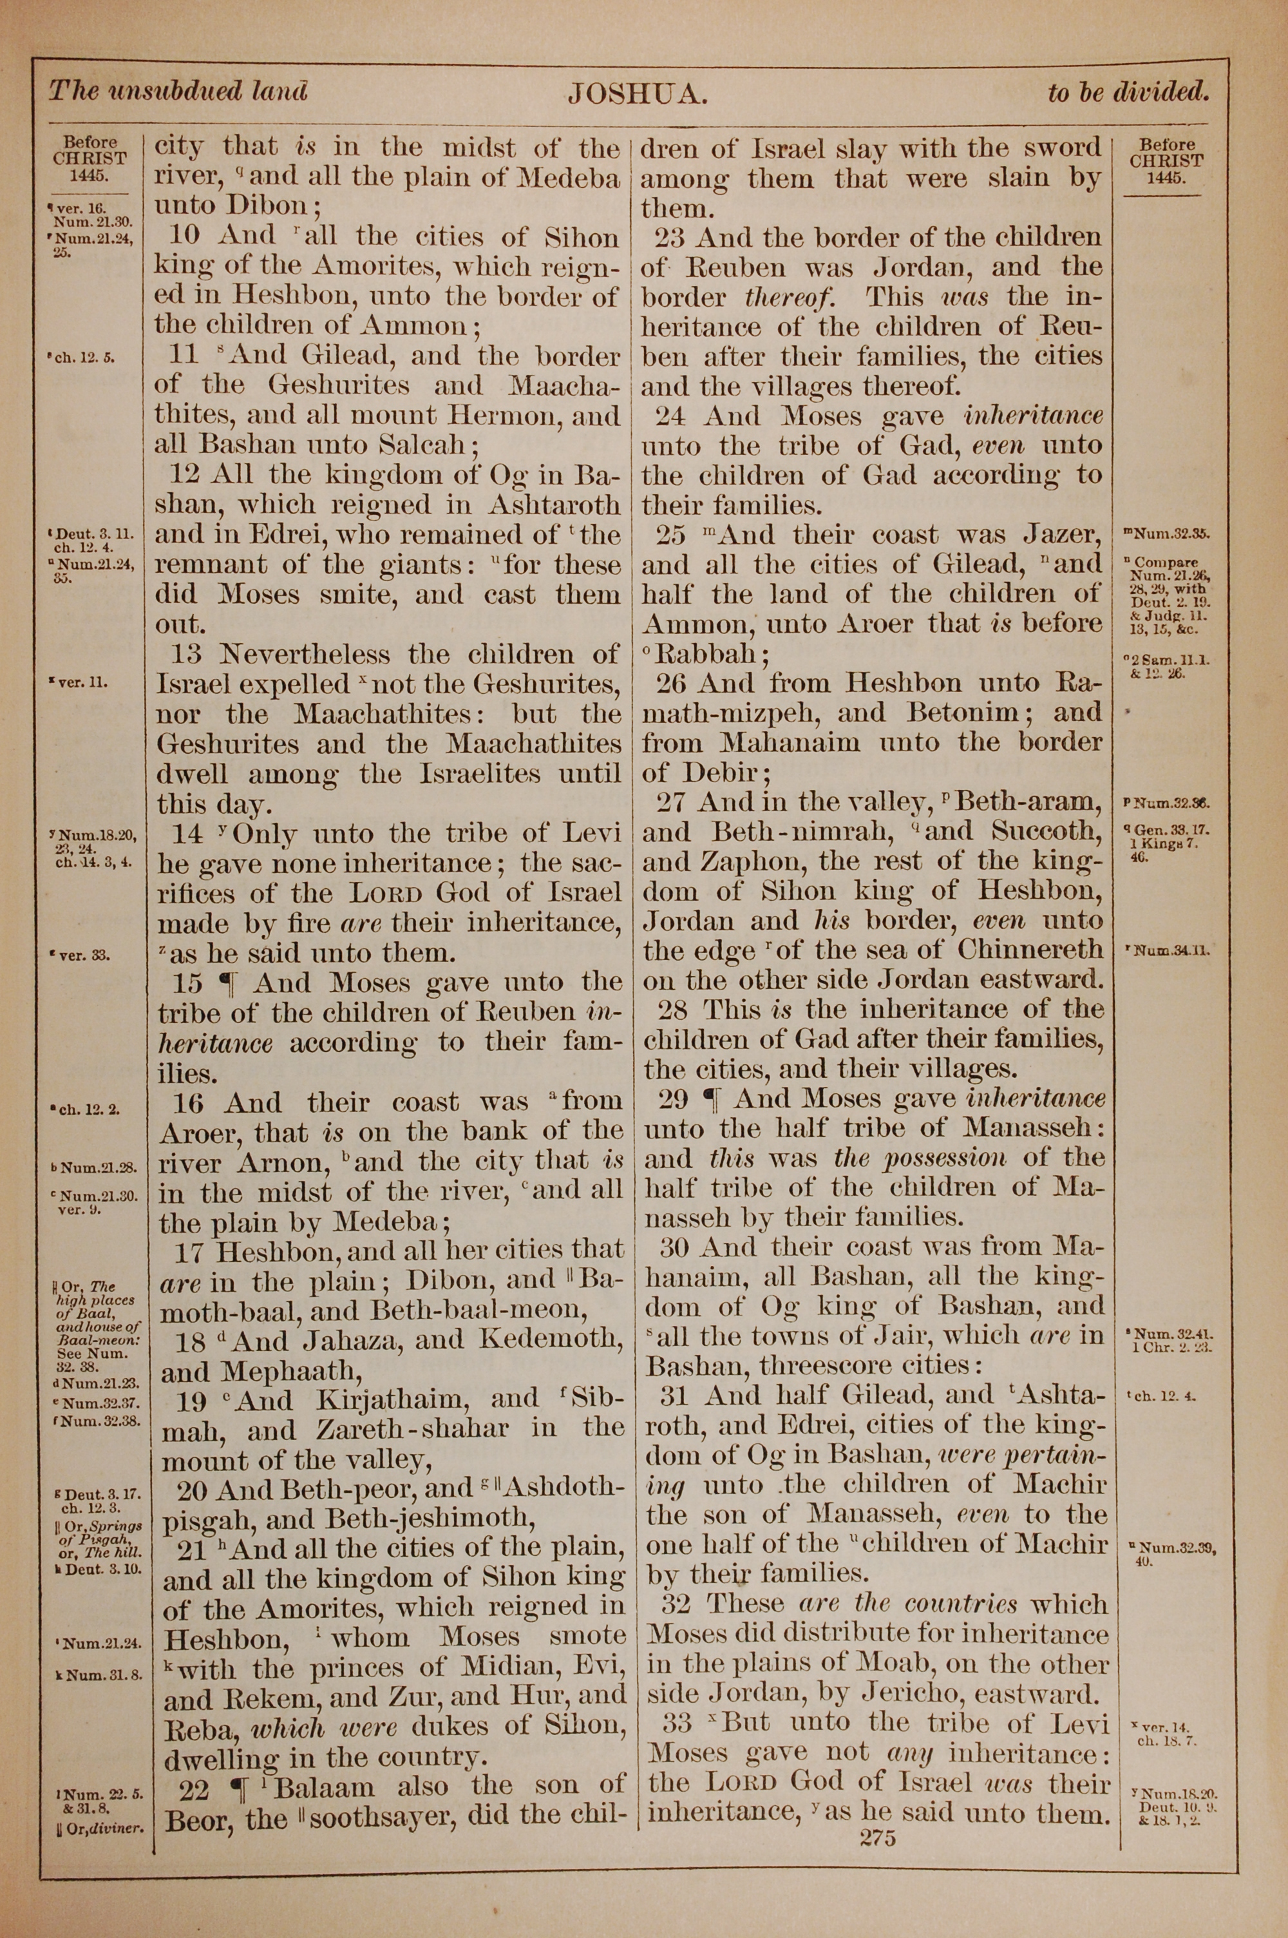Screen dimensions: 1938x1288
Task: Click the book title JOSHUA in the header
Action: tap(637, 95)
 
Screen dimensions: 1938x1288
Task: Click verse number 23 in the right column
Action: tap(671, 238)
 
